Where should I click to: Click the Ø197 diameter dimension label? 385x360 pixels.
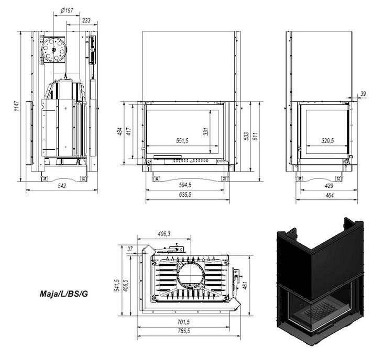67,10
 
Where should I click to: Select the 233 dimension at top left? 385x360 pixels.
86,20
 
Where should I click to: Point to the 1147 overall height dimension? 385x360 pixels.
17,106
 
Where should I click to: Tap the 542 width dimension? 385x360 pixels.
62,186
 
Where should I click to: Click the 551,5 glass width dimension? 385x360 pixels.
182,141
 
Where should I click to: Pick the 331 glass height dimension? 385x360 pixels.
206,131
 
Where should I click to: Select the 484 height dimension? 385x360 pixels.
120,131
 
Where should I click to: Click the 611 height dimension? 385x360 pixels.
255,137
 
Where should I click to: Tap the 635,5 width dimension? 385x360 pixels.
185,195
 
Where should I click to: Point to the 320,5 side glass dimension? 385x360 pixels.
327,141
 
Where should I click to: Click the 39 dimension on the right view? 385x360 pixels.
363,94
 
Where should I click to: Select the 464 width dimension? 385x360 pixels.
329,195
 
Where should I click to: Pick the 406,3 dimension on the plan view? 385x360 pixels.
164,234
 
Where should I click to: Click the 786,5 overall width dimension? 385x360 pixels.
184,331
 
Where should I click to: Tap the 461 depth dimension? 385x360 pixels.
245,285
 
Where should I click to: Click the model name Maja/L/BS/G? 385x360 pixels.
63,294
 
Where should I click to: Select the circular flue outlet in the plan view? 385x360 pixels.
191,275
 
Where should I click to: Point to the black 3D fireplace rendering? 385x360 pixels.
320,281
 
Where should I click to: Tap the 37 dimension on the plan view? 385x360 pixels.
130,249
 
